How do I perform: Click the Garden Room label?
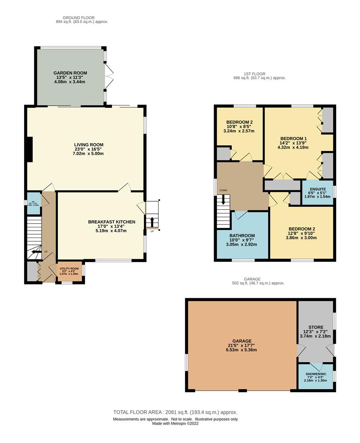coord(70,73)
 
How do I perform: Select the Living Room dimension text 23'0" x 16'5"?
coord(88,149)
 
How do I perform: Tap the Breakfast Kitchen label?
coord(106,221)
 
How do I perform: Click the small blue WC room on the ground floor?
coord(34,203)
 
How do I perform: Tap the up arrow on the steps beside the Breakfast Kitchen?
coord(152,222)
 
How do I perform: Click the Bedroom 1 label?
coord(293,138)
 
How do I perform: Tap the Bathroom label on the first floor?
coord(243,235)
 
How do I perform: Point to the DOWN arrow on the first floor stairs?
coord(223,200)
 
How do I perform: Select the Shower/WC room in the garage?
coord(315,376)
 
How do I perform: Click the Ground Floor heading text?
coord(79,18)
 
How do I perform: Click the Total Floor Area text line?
coord(175,412)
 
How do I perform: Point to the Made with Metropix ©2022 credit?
coord(175,423)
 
